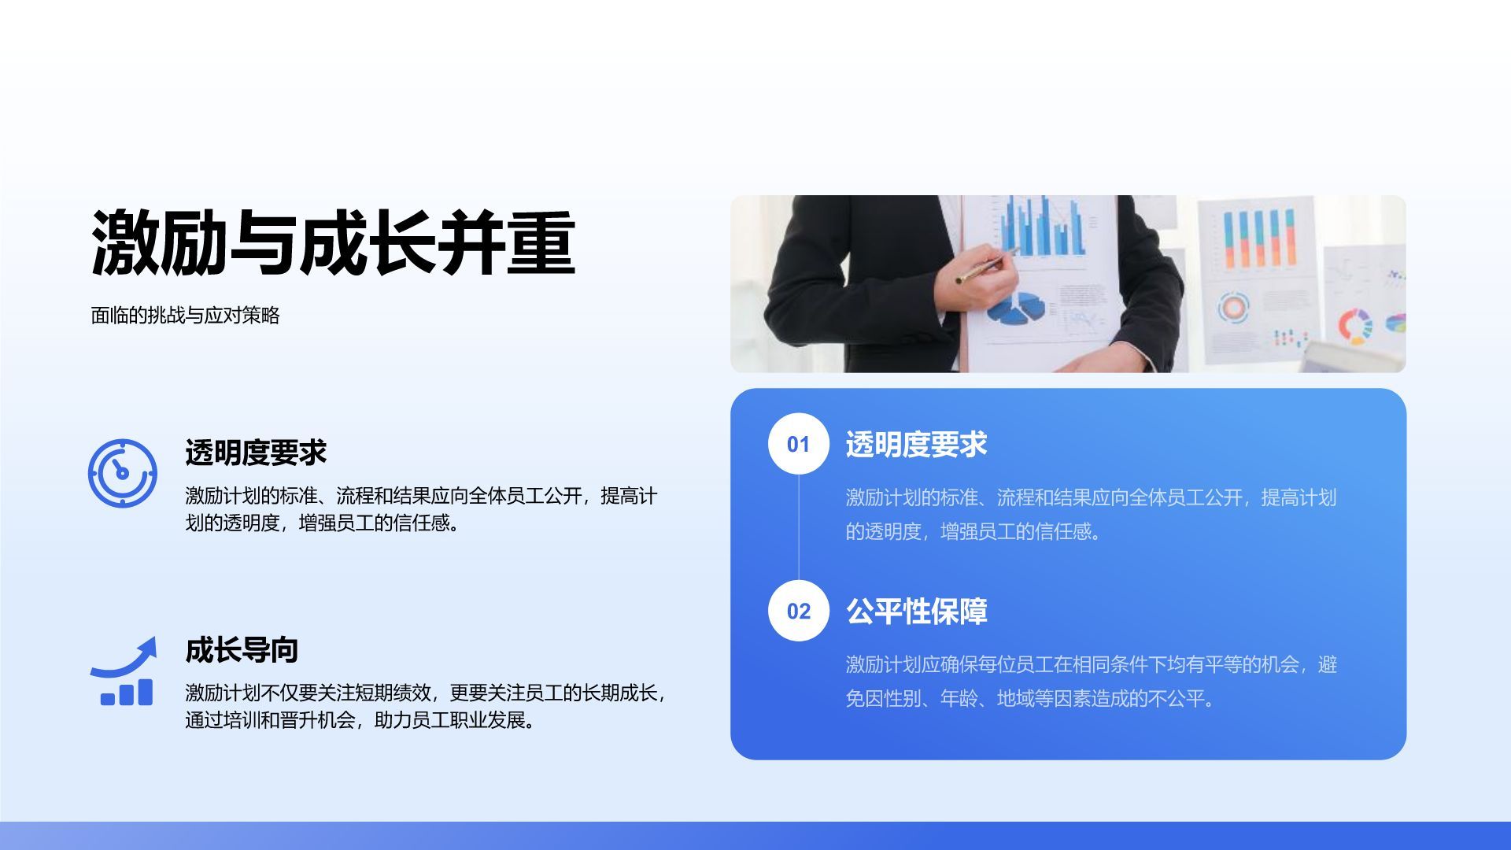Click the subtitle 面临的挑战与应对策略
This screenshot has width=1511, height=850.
tap(186, 316)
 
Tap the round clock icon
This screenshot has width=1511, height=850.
tap(122, 473)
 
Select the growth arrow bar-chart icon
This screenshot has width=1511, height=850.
tap(124, 671)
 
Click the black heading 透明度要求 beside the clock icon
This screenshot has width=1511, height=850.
tap(256, 453)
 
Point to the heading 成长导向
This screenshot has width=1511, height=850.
tap(242, 650)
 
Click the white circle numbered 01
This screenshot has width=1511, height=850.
tap(798, 444)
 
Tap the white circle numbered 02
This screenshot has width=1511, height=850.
tap(798, 611)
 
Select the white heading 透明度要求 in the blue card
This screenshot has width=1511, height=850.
tap(916, 445)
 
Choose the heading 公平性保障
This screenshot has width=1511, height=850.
tap(916, 612)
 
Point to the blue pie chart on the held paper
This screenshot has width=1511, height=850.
tap(1016, 308)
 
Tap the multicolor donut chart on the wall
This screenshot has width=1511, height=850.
tap(1355, 325)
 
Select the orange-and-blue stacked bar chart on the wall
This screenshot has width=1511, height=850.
tap(1259, 238)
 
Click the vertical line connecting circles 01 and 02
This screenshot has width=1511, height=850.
tap(798, 527)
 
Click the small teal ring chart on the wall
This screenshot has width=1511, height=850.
tap(1233, 307)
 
